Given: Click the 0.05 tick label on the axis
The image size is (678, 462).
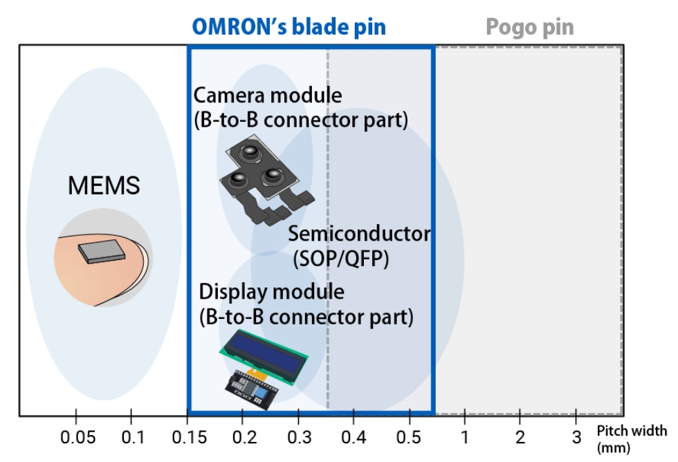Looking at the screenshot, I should tap(75, 438).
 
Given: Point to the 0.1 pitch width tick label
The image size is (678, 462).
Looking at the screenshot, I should tap(131, 438).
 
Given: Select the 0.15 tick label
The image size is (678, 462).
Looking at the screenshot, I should tap(187, 438).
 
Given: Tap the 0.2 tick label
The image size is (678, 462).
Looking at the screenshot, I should tap(242, 438).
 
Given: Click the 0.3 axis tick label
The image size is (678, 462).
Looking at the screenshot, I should tap(297, 438).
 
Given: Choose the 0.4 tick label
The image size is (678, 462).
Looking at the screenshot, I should tap(353, 438).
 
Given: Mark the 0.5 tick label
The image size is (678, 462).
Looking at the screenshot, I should tap(409, 438).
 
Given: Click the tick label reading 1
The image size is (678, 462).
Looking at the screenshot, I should tap(464, 438).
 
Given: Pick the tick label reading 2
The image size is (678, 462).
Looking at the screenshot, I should tap(520, 438).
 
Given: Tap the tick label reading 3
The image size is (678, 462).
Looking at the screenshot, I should tap(576, 438).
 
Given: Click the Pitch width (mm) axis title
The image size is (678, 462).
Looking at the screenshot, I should tap(632, 438).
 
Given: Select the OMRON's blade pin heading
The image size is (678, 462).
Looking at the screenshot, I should tap(288, 27).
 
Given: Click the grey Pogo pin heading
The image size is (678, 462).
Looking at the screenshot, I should tap(529, 27).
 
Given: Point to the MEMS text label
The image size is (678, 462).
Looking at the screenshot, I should tap(104, 185).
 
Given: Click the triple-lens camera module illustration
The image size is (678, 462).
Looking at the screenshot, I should tap(263, 180).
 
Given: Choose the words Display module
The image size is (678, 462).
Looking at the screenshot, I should tap(271, 291).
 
